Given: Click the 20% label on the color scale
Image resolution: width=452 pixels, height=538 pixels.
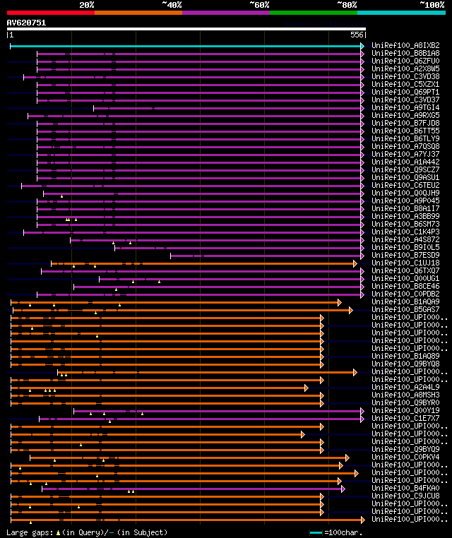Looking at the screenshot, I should pos(87,5).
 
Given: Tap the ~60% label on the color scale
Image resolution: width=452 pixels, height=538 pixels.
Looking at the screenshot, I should pos(259,5).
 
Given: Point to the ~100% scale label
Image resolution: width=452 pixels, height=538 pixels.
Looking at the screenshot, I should pos(431,5).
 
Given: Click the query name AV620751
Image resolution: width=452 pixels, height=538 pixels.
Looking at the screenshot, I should pos(26,23).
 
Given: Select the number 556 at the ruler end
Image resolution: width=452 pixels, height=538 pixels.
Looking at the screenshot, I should pos(357,35).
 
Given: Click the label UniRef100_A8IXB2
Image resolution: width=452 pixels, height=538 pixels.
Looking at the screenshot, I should pos(405,45).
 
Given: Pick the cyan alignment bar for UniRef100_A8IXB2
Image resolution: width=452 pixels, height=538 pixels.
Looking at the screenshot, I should pos(184,46).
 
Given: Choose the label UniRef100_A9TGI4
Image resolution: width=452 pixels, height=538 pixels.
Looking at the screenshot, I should pos(405,107).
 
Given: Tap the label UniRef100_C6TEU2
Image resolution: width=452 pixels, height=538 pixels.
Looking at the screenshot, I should pos(405,185).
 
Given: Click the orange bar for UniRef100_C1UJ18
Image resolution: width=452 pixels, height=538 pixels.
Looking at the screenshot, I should pos(205,263).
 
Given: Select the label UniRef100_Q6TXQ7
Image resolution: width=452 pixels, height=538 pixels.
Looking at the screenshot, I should pos(405,270).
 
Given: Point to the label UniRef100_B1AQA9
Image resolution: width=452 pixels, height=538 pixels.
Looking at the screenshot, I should pos(405,301).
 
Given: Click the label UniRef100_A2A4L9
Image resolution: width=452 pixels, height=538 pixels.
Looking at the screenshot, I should pos(405,387).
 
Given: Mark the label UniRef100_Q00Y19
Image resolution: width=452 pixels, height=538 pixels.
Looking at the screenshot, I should pos(405,410).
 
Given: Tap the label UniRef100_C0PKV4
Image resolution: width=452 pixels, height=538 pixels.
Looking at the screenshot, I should pos(405,457).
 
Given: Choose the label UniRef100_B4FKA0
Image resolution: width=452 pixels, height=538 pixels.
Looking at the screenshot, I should pos(405,488).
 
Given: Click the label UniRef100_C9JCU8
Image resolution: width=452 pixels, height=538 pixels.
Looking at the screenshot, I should pos(405,496).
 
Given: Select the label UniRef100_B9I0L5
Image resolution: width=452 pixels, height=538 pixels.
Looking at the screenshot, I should pos(405,247).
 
